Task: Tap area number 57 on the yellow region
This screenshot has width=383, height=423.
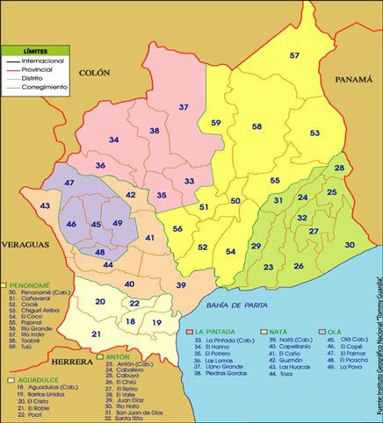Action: (x=295, y=55)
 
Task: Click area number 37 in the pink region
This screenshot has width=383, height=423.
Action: (x=184, y=107)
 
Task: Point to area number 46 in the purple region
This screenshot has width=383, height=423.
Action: (x=71, y=225)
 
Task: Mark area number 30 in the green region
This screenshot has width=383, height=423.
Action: (x=349, y=245)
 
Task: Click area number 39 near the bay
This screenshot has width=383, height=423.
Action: (x=181, y=285)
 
